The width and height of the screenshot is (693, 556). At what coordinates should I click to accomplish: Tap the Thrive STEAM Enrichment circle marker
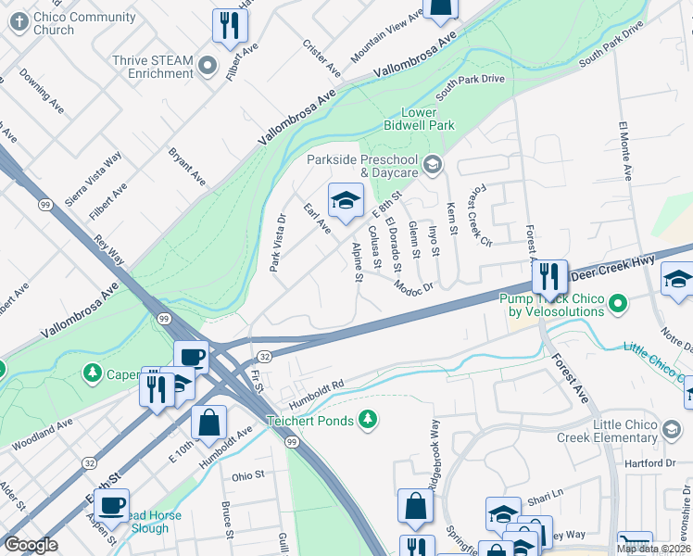[208, 67]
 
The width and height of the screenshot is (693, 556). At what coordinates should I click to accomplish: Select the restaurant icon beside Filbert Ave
[228, 26]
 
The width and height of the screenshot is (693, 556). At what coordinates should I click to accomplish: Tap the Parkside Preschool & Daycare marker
[432, 165]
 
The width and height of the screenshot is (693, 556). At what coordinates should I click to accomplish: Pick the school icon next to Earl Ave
[345, 200]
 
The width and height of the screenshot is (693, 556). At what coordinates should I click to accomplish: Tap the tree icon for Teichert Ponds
[369, 420]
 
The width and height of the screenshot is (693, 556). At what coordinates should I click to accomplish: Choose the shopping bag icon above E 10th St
[209, 422]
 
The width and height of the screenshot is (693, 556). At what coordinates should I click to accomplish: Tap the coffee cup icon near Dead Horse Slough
[112, 506]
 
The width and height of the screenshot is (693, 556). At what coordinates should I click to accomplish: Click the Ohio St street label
[248, 475]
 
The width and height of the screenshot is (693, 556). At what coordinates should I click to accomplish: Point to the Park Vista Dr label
[276, 244]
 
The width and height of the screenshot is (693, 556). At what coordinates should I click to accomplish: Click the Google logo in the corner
[31, 545]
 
